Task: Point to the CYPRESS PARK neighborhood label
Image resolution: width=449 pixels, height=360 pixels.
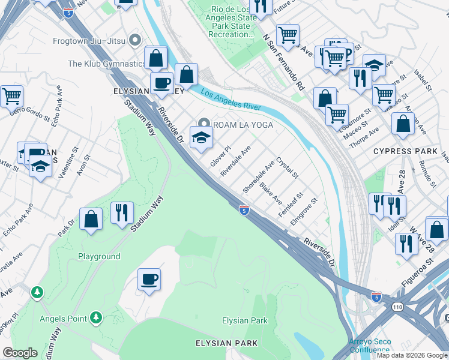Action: coord(405,151)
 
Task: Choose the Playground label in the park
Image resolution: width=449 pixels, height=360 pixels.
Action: coord(99,256)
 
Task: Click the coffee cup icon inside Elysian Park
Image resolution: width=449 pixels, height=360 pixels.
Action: coord(149,279)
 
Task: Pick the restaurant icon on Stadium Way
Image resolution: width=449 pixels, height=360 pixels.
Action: coord(122,212)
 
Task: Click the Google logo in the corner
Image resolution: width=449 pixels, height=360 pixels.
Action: coord(20,352)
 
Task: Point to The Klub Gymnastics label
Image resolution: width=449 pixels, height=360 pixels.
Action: coord(106,64)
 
